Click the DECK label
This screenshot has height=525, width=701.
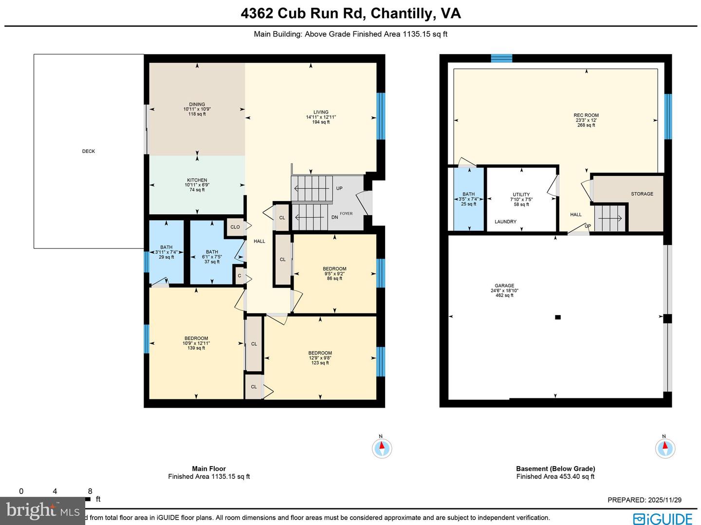point(89,151)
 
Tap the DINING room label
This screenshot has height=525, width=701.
point(197,104)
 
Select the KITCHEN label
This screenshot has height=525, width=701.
point(197,180)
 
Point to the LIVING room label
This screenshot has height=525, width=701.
point(321,112)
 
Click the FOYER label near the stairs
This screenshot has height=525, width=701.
point(346,213)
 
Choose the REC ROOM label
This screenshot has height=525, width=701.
point(586,115)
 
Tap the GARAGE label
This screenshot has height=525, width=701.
point(504,286)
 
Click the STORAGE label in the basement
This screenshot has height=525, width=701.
point(642,194)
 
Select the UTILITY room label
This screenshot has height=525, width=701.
point(521,194)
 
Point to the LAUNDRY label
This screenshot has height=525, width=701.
point(505,222)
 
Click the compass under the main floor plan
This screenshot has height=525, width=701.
point(382,448)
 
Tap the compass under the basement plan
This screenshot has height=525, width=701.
point(665,448)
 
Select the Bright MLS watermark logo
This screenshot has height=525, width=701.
point(43,510)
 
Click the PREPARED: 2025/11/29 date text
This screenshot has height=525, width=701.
point(645,500)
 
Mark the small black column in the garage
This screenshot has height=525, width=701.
point(558,317)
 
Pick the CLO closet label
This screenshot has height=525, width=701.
point(235,227)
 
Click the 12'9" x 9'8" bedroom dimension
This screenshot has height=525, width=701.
point(320,358)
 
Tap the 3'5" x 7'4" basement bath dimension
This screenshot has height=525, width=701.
point(469,199)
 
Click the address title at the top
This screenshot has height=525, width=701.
point(350,13)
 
